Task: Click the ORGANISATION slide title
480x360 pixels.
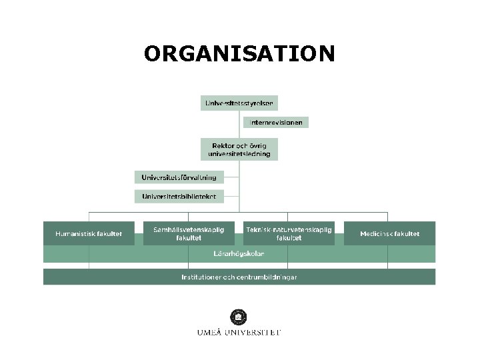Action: (239, 53)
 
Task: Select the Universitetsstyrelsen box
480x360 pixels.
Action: (239, 103)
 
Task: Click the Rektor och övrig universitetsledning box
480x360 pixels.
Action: (239, 149)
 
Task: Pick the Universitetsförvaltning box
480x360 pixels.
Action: (179, 177)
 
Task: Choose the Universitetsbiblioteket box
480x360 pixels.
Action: (179, 196)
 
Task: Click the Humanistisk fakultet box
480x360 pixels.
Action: (89, 234)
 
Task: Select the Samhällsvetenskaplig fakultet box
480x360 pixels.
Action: (189, 233)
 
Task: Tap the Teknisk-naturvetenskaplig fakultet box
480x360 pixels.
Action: (289, 233)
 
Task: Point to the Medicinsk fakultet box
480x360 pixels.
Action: (389, 234)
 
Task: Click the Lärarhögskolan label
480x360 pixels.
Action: (239, 254)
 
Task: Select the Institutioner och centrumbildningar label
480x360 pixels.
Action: (239, 277)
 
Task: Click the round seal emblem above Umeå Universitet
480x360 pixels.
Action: (238, 317)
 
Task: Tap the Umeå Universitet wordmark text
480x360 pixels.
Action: (239, 332)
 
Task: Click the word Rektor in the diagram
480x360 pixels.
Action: (223, 145)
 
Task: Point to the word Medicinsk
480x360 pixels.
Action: (375, 234)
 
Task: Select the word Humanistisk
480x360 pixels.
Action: (74, 234)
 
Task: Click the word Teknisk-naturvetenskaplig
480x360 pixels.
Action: (289, 229)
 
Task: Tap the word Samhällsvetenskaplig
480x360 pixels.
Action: (189, 229)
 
